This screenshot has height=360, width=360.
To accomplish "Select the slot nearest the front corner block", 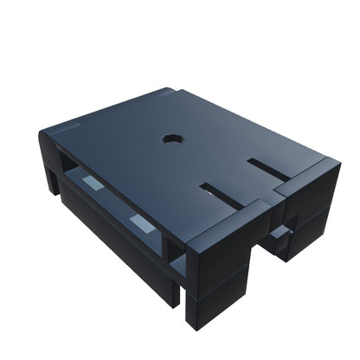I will [x=222, y=194].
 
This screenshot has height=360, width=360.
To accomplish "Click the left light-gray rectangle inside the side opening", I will [x=90, y=183].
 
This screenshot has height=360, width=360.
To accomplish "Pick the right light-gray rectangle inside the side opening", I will [x=142, y=223].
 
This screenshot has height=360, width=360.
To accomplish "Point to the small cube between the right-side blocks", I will [x=279, y=234].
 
